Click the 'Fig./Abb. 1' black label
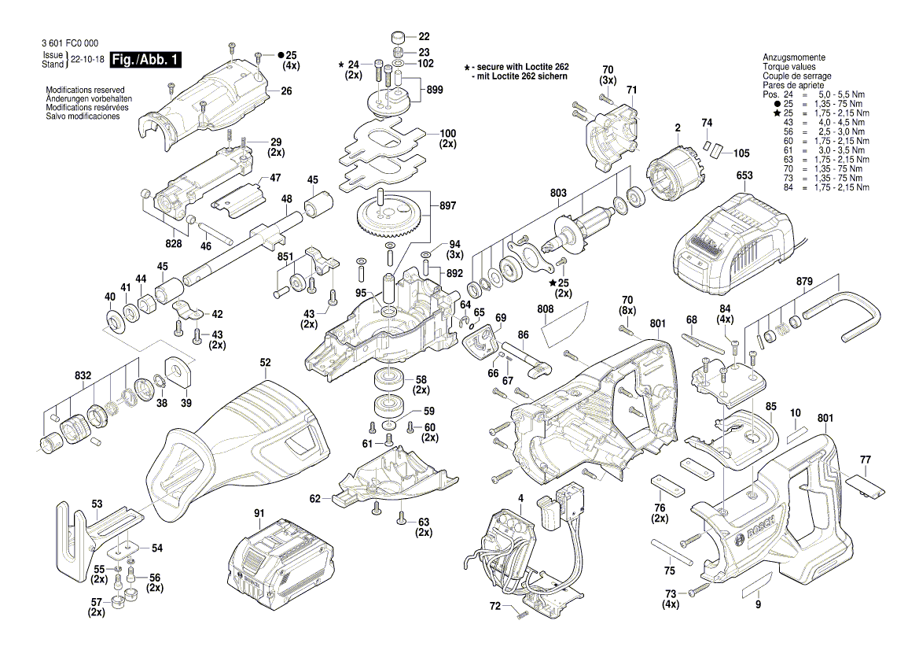146,60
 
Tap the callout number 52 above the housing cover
266,363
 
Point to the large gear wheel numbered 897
389,216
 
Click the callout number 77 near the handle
866,459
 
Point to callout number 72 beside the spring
494,607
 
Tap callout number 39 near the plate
186,403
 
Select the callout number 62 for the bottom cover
315,498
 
